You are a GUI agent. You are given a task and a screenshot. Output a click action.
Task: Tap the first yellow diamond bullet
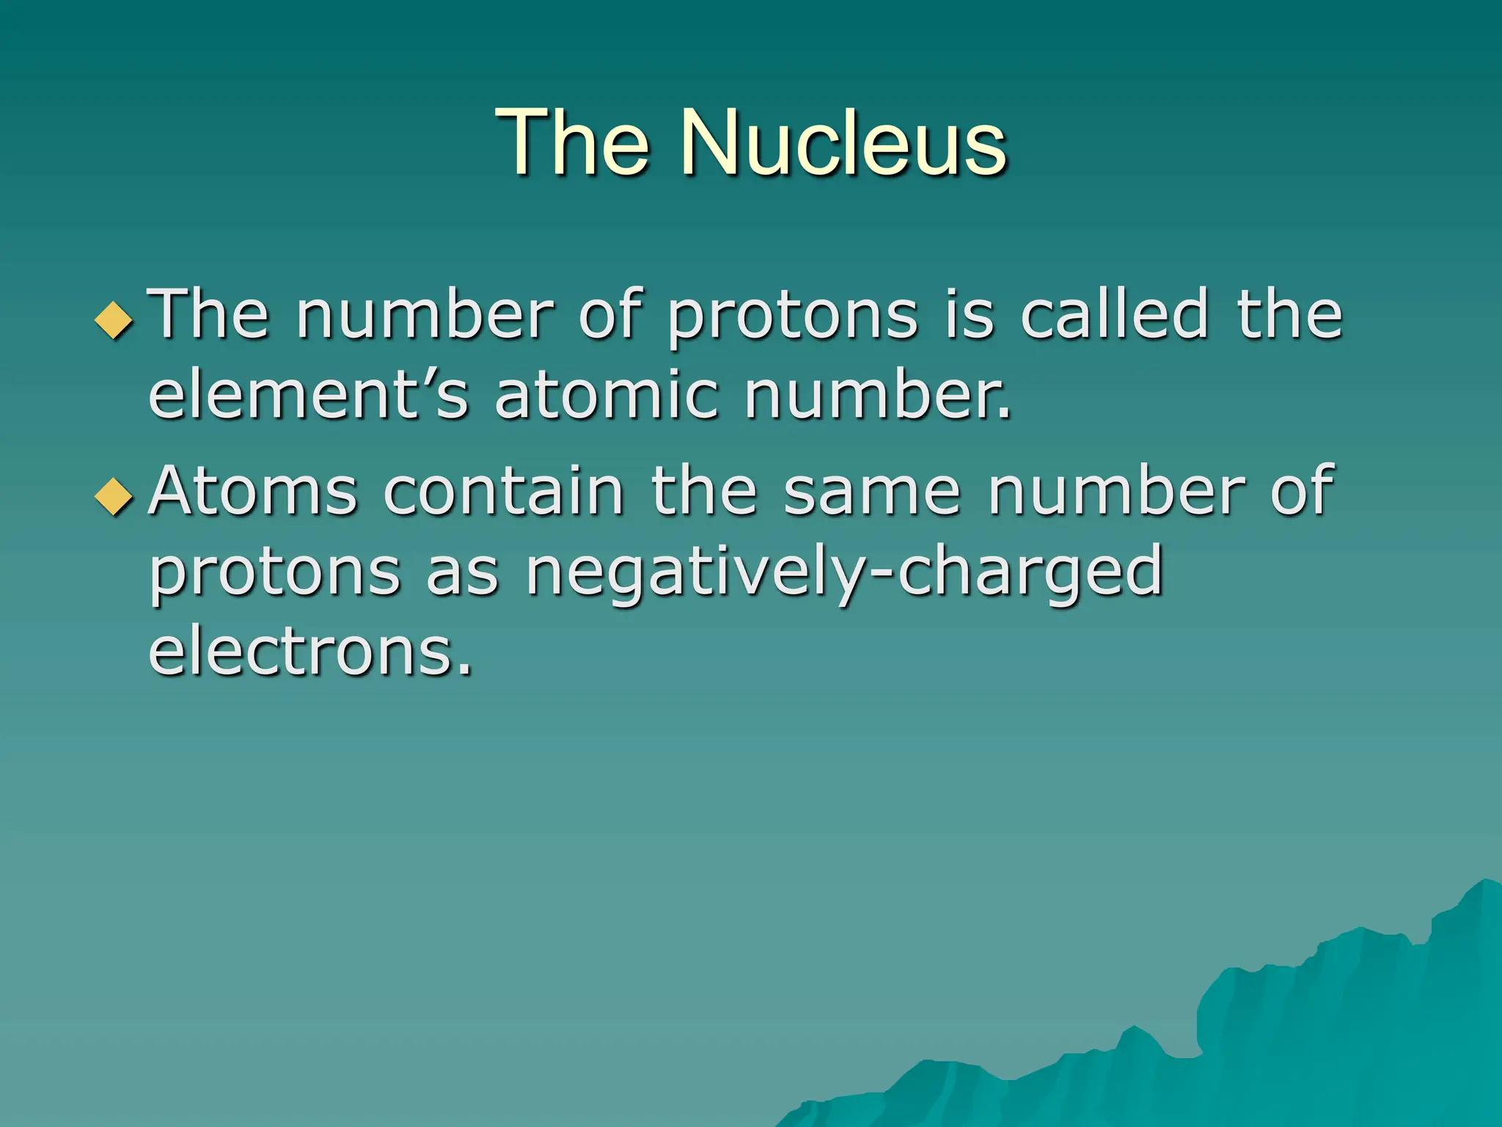[x=114, y=320]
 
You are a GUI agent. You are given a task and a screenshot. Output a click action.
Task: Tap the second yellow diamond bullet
[x=114, y=497]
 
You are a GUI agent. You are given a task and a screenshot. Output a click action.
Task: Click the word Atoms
[x=253, y=491]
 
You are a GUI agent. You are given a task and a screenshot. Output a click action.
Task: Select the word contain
[x=504, y=491]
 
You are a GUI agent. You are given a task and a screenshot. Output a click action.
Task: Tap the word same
[x=872, y=491]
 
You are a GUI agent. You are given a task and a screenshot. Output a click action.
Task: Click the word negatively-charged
[x=844, y=572]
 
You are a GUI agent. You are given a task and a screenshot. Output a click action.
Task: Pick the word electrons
[x=310, y=652]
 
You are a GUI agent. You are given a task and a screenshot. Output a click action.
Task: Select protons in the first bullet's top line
[x=792, y=317]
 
